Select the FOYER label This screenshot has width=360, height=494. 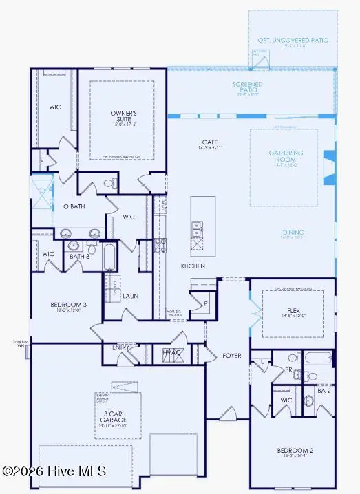231,356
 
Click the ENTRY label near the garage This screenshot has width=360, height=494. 121,347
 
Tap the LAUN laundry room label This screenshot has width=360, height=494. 131,297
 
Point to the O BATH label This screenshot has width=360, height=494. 74,206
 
